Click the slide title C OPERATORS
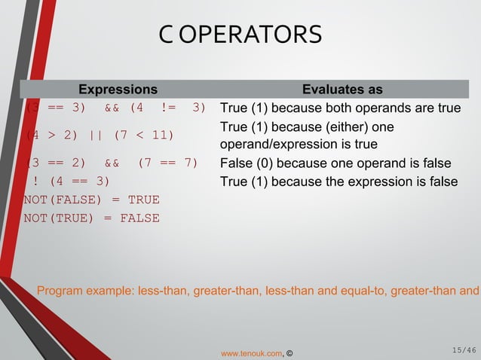point(240,34)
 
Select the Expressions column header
point(118,90)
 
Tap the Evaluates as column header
point(342,90)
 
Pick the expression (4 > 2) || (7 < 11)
point(99,136)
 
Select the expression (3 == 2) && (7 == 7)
point(112,163)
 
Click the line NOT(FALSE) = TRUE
point(91,200)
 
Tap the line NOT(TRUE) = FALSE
point(91,218)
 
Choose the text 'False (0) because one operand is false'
point(335,163)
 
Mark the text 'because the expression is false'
point(364,181)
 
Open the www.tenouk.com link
point(251,352)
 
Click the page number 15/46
point(464,349)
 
